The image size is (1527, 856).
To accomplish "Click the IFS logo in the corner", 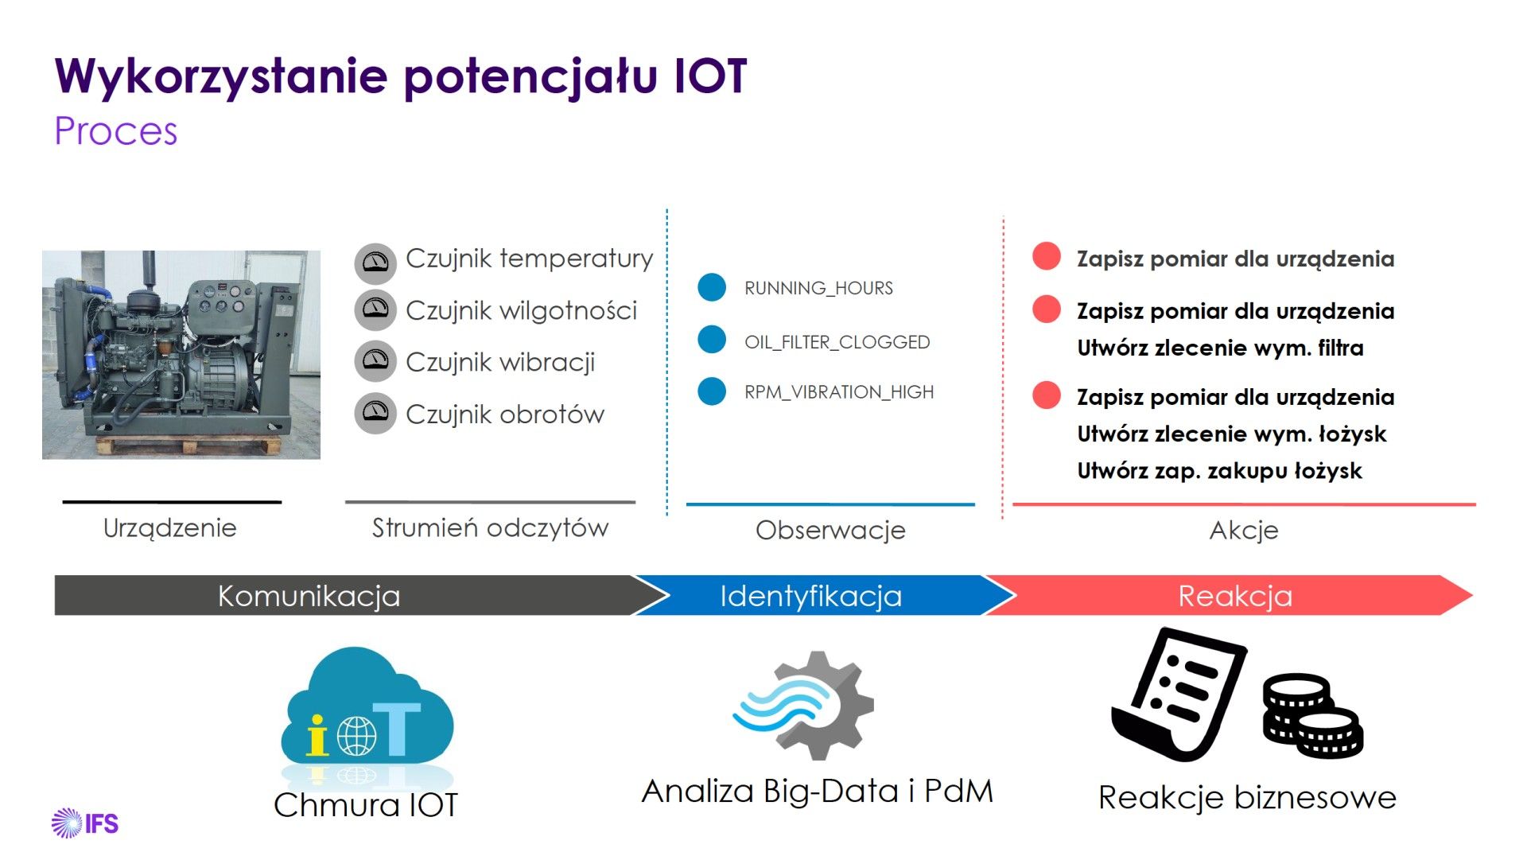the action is (85, 823).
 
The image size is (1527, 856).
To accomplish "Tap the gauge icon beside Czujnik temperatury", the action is (375, 263).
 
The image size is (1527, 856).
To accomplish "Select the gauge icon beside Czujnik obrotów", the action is (375, 413).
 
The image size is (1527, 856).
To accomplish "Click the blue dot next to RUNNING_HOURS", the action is (712, 287).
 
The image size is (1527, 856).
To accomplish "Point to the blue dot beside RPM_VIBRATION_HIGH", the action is (712, 391).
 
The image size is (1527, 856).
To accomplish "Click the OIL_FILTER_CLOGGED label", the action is (837, 342).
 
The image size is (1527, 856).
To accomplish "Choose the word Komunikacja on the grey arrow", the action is (309, 596).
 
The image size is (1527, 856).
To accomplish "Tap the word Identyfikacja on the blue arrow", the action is (810, 596).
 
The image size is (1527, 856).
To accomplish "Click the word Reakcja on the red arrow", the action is (1235, 596).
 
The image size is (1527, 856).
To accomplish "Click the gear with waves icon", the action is (805, 705).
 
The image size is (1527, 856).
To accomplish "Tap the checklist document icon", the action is (1177, 694).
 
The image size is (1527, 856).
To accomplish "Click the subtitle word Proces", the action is (116, 131).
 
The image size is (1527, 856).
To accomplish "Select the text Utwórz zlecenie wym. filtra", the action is (1220, 348).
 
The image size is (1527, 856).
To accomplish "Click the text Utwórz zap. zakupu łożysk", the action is (1219, 471).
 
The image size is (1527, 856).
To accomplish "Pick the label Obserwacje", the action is (830, 530).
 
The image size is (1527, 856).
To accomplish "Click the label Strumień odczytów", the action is (490, 527).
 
